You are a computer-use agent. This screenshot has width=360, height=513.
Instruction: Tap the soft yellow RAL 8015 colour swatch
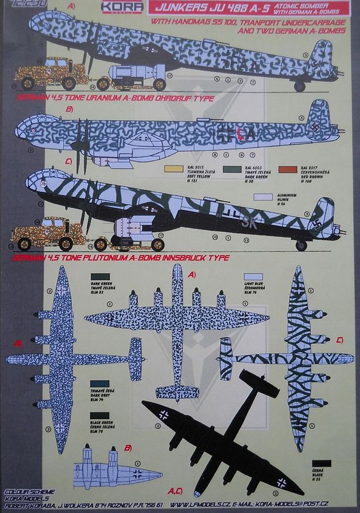pos(173,169)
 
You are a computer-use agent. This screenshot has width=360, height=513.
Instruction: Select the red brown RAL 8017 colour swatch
pos(288,169)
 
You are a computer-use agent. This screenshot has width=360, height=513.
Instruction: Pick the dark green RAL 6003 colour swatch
pos(231,169)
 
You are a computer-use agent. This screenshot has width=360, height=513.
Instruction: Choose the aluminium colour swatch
pos(263,197)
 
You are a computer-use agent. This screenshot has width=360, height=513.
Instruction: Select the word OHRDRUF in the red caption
pos(165,98)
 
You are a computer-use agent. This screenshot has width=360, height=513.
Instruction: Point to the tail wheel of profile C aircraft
pos(301,245)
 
